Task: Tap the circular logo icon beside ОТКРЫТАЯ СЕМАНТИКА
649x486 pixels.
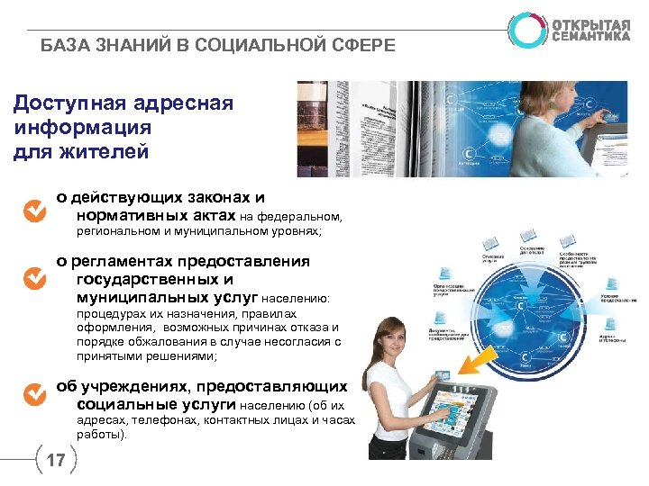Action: click(526, 29)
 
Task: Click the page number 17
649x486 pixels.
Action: click(55, 462)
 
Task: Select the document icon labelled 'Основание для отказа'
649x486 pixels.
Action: click(529, 238)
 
